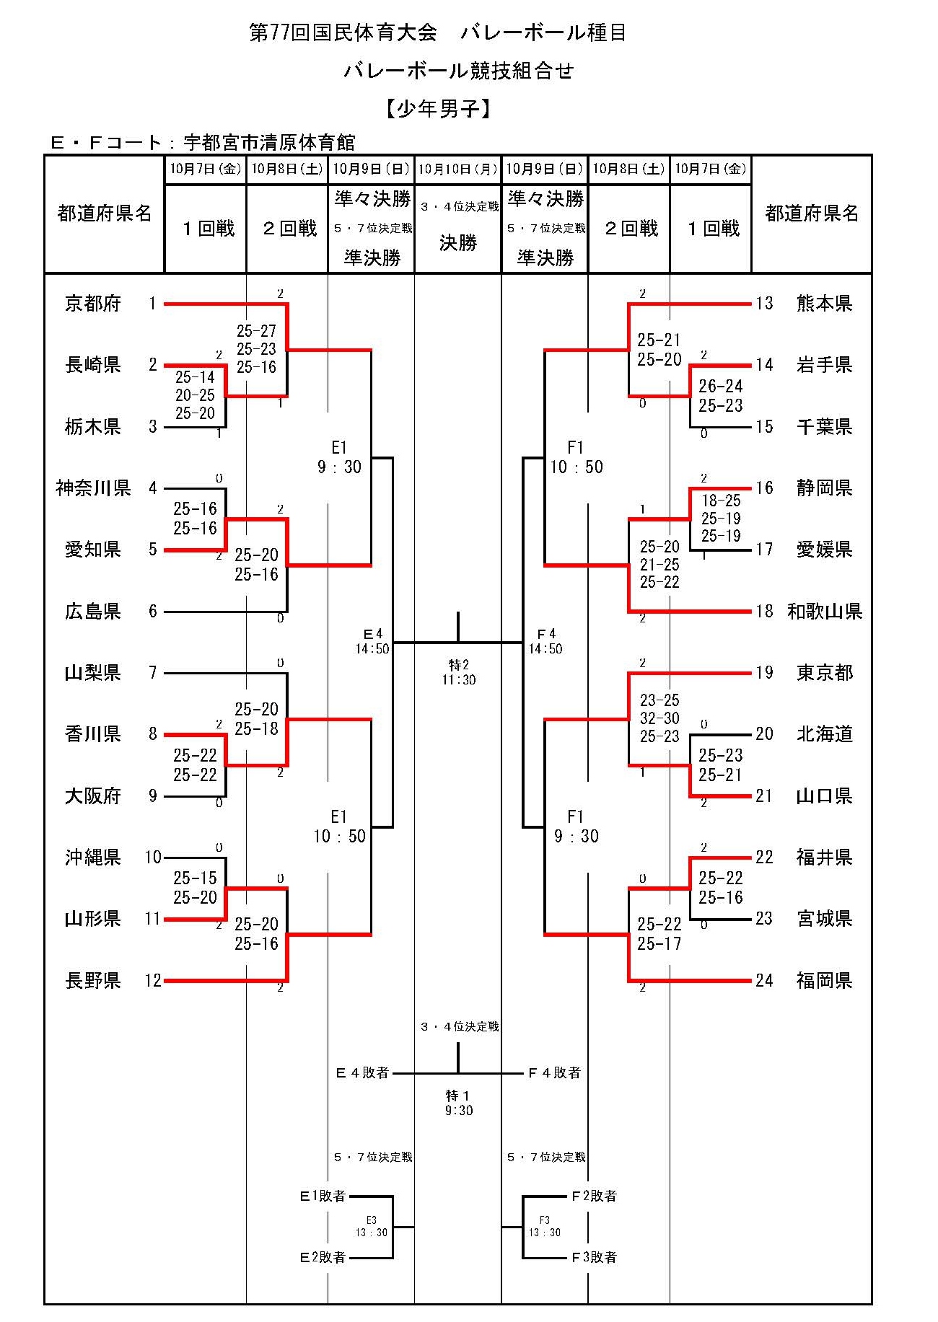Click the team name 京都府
pos(93,304)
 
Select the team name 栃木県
pos(93,427)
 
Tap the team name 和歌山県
pos(825,612)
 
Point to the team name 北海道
pos(825,734)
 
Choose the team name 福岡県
pos(825,980)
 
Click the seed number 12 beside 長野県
pos(153,980)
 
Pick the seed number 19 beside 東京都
pos(765,673)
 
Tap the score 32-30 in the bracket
pos(659,718)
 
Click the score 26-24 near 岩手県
pos(720,387)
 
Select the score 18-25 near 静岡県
pos(721,501)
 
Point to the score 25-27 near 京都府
pos(256,331)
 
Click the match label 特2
pos(458,665)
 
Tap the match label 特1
pos(458,1096)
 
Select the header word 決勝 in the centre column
pos(458,243)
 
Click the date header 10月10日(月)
pos(458,169)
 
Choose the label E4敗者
pos(362,1073)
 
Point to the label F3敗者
pos(594,1258)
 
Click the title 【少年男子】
pos(438,109)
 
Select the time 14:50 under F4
pos(545,649)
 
